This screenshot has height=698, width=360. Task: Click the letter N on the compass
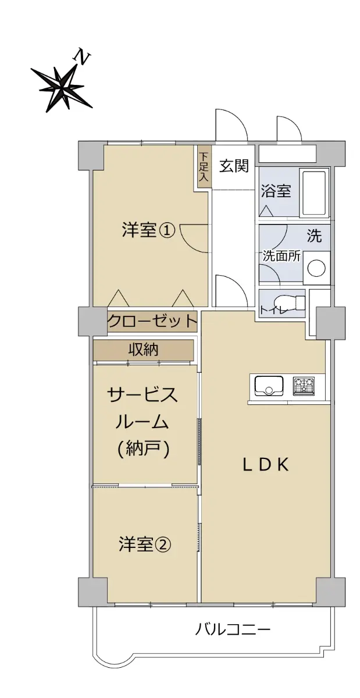[81, 57]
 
